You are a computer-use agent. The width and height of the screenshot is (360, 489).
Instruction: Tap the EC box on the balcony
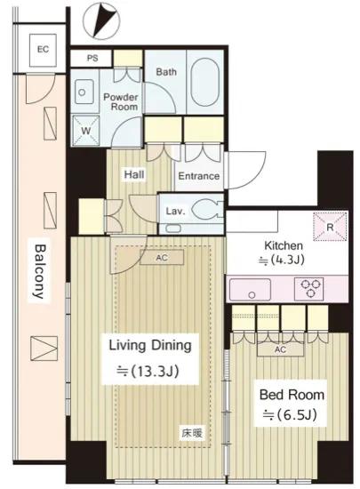coord(43,50)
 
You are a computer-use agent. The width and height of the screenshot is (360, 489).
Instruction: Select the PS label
coord(92,58)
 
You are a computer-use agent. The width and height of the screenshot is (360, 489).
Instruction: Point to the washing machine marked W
coord(85,131)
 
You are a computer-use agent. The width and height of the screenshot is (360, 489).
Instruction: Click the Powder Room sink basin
coord(84,92)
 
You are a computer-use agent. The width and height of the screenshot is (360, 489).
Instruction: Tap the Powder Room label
coord(121,101)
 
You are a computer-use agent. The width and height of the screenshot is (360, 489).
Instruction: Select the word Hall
coord(134,174)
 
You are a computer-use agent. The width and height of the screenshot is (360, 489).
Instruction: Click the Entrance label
coord(198,176)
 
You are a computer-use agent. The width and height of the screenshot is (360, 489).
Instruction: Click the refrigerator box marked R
coord(330,227)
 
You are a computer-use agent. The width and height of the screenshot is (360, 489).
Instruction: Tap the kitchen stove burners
coord(308,288)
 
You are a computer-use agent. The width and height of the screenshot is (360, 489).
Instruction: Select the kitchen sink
coord(250,289)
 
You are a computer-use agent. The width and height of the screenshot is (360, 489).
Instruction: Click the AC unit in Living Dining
coord(162,258)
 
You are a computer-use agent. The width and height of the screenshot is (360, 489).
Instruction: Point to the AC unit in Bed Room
coord(280,349)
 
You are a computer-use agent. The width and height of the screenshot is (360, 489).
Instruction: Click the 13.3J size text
coord(148,372)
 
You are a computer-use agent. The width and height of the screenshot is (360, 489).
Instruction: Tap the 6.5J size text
coord(290,415)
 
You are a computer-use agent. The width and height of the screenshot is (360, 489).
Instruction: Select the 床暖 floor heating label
coord(192,433)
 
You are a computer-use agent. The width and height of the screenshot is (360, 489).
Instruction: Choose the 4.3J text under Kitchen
coord(281,260)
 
